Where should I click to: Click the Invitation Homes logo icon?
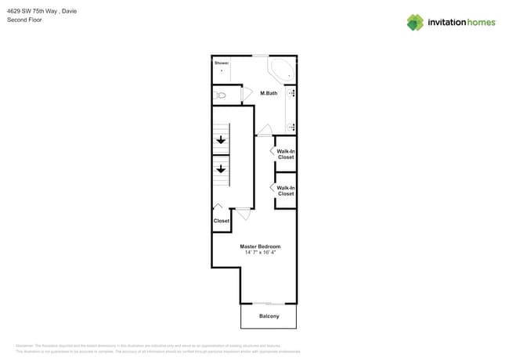pyautogui.click(x=415, y=23)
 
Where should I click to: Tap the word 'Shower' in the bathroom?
pyautogui.click(x=221, y=62)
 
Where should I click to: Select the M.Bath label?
pyautogui.click(x=269, y=94)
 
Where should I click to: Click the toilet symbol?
pyautogui.click(x=220, y=95)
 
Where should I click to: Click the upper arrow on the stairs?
pyautogui.click(x=221, y=141)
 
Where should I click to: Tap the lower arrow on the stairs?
pyautogui.click(x=221, y=168)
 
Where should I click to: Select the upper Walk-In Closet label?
pyautogui.click(x=285, y=154)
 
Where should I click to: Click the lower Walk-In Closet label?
pyautogui.click(x=285, y=190)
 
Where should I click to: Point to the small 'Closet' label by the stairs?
pyautogui.click(x=222, y=221)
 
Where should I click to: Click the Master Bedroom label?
pyautogui.click(x=260, y=247)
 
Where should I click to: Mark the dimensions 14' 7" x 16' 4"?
pyautogui.click(x=260, y=253)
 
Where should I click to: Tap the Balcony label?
pyautogui.click(x=269, y=316)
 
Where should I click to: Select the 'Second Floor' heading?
pyautogui.click(x=25, y=20)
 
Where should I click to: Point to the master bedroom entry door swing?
pyautogui.click(x=244, y=212)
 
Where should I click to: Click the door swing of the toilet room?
pyautogui.click(x=247, y=94)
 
